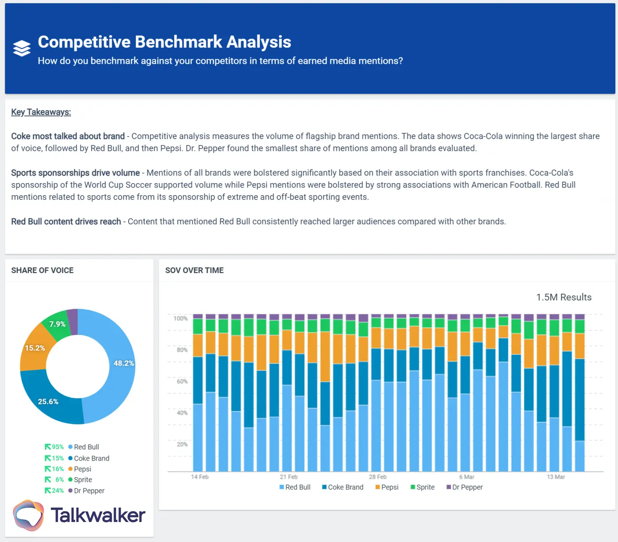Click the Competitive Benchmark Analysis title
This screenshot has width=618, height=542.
[164, 42]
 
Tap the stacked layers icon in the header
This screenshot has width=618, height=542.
[22, 48]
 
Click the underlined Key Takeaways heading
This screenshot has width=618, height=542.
[41, 112]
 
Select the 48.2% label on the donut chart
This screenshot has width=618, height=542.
[123, 363]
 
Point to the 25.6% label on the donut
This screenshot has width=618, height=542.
[48, 402]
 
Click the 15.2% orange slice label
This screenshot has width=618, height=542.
[35, 348]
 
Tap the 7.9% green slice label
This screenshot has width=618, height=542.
[57, 324]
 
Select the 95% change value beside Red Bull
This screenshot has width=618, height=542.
[57, 447]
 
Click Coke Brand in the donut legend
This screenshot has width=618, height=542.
[92, 458]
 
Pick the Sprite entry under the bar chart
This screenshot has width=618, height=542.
[425, 487]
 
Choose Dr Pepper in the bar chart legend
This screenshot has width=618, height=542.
[467, 487]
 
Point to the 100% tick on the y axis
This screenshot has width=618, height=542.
[180, 319]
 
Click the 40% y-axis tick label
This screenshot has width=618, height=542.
[182, 413]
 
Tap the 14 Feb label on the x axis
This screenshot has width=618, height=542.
[199, 477]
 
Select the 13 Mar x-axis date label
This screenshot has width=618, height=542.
[556, 477]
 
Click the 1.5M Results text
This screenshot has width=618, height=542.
[564, 297]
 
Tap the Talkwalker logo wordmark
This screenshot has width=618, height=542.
[98, 515]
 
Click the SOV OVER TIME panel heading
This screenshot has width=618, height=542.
[195, 270]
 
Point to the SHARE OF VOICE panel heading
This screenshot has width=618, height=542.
[42, 270]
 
